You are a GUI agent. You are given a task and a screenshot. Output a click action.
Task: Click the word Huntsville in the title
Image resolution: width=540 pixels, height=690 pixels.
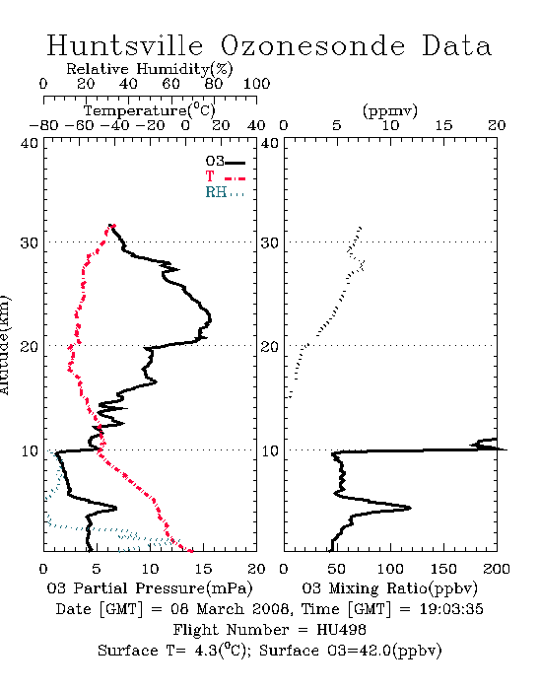pyautogui.click(x=125, y=45)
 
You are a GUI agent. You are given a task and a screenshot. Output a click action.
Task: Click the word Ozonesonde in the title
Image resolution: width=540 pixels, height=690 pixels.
pyautogui.click(x=311, y=45)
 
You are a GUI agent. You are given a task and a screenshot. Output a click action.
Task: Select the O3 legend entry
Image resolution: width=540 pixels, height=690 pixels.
pyautogui.click(x=225, y=162)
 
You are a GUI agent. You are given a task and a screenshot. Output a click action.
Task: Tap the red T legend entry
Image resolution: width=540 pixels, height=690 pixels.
pyautogui.click(x=225, y=176)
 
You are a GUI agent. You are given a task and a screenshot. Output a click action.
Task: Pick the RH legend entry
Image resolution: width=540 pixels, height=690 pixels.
pyautogui.click(x=225, y=192)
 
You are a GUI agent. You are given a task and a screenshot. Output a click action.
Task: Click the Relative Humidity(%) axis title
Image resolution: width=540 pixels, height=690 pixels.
pyautogui.click(x=150, y=69)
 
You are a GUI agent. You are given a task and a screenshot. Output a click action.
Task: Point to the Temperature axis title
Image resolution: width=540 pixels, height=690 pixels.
pyautogui.click(x=150, y=110)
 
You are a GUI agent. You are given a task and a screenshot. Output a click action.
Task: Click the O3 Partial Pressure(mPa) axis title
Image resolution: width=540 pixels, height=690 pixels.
pyautogui.click(x=150, y=588)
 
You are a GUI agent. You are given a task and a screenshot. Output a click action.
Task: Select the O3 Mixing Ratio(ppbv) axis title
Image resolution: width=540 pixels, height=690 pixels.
pyautogui.click(x=389, y=588)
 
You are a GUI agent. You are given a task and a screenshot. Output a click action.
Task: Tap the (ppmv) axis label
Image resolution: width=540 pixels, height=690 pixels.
pyautogui.click(x=390, y=110)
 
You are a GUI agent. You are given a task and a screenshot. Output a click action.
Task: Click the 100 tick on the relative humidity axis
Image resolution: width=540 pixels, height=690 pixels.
pyautogui.click(x=256, y=84)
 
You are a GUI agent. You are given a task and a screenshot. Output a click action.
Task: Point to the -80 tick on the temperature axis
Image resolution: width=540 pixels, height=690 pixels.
pyautogui.click(x=43, y=125)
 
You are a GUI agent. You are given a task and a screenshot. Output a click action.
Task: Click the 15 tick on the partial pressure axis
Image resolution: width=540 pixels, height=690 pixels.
pyautogui.click(x=203, y=569)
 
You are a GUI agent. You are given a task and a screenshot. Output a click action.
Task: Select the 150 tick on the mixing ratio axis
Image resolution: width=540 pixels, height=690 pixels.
pyautogui.click(x=443, y=569)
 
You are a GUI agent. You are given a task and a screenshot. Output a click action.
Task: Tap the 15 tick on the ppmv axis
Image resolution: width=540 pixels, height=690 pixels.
pyautogui.click(x=443, y=125)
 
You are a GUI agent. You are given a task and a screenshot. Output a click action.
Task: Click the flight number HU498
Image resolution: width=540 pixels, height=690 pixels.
pyautogui.click(x=341, y=630)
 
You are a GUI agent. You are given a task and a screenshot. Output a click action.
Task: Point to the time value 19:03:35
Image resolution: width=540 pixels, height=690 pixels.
pyautogui.click(x=451, y=609)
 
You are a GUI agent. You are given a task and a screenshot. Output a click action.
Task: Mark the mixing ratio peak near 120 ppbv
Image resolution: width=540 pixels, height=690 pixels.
pyautogui.click(x=410, y=508)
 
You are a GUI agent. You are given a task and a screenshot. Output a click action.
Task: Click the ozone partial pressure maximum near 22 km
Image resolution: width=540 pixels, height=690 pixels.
pyautogui.click(x=210, y=319)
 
